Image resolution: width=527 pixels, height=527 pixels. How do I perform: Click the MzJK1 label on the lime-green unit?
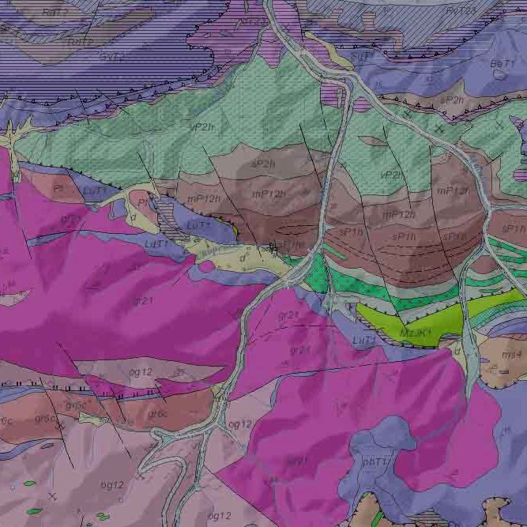pyautogui.click(x=416, y=333)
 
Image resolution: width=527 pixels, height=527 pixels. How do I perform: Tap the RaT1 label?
pyautogui.click(x=53, y=13)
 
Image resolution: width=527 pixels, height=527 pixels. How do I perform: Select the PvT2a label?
pyautogui.click(x=461, y=10)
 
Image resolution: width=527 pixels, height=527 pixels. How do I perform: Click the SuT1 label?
pyautogui.click(x=361, y=57)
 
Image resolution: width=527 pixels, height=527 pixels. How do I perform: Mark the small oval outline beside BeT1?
pyautogui.click(x=499, y=74)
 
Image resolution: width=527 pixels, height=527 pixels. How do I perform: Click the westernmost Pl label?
pyautogui.click(x=58, y=190)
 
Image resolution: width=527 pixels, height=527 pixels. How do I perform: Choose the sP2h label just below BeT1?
pyautogui.click(x=452, y=100)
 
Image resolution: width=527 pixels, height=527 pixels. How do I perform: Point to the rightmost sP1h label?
pyautogui.click(x=514, y=228)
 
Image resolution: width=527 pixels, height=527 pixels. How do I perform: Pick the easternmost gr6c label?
pyautogui.click(x=157, y=413)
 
